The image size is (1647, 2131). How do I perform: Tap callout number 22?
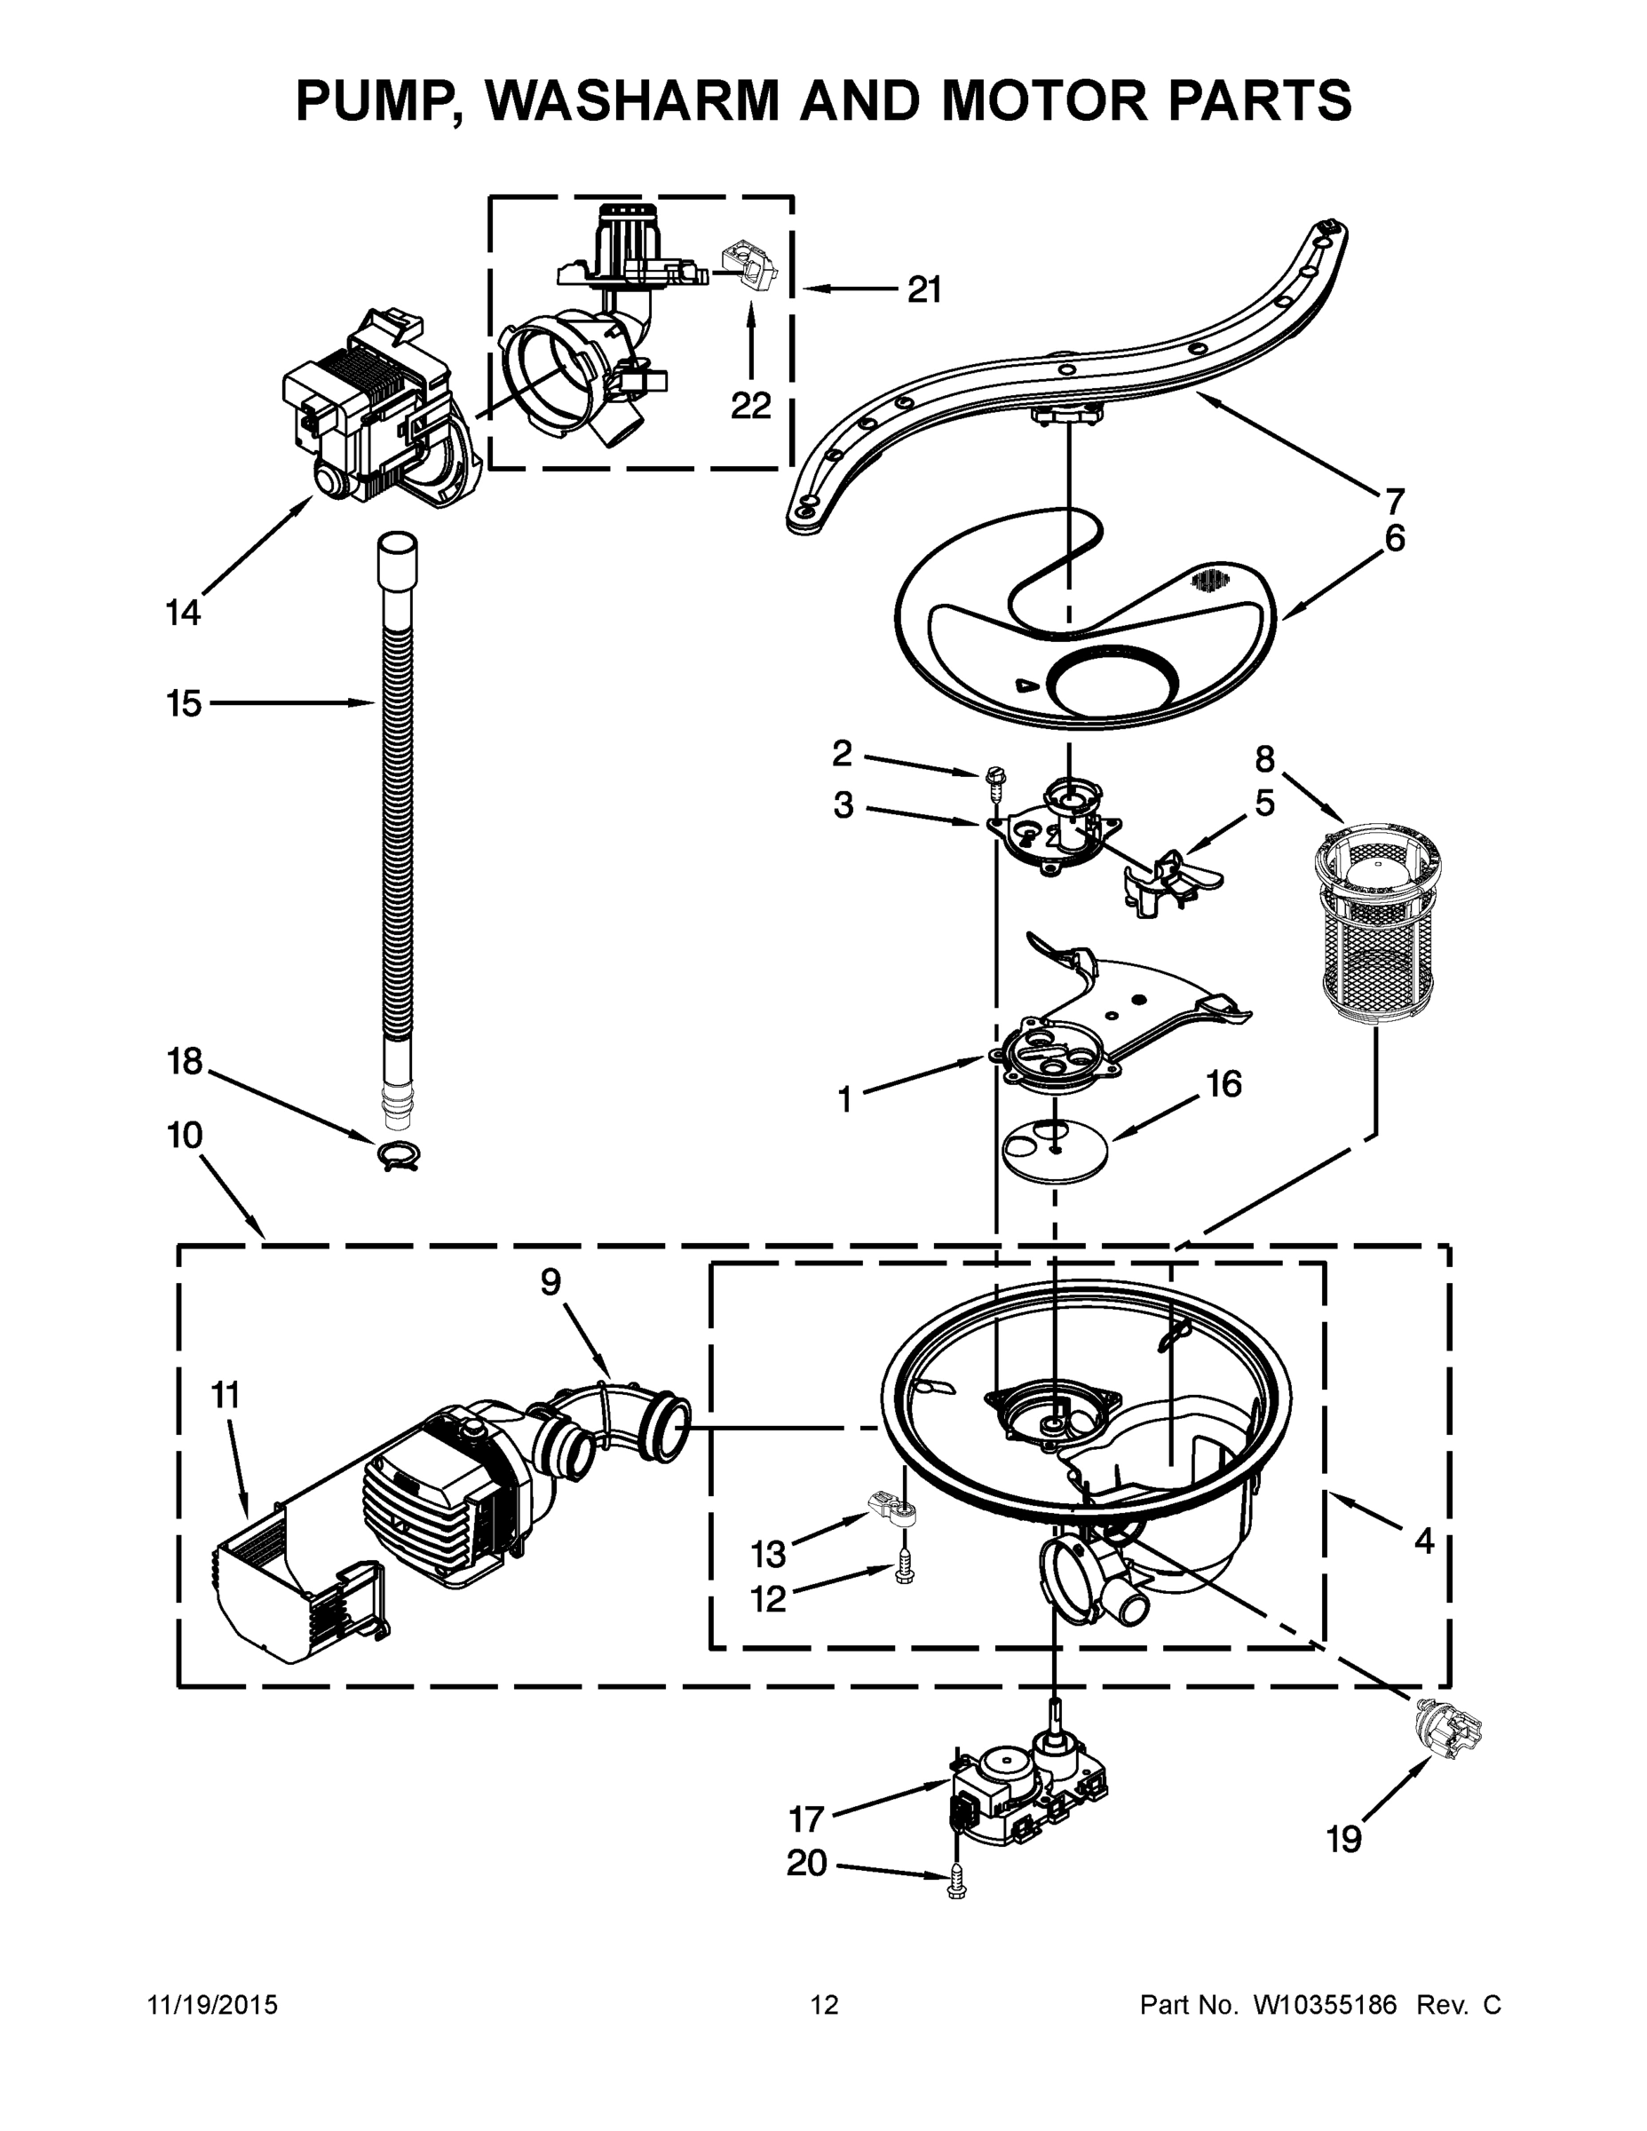tap(750, 405)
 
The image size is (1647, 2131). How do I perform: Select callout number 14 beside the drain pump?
tap(183, 613)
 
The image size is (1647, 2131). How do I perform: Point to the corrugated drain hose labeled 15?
tap(395, 829)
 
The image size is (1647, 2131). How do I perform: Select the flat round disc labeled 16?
tap(1057, 1152)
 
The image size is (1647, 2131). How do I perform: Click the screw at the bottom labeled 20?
tap(955, 1888)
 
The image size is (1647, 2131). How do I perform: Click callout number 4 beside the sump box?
tap(1424, 1541)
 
